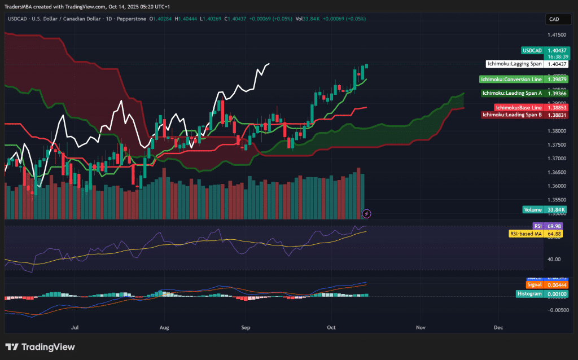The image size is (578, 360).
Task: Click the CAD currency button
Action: [554, 19]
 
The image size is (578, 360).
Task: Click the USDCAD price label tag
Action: [532, 50]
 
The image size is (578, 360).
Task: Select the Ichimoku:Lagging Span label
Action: [514, 64]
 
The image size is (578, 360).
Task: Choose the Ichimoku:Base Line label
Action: [519, 107]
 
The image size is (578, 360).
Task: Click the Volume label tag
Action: [533, 209]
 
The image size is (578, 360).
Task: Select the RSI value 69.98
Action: [554, 226]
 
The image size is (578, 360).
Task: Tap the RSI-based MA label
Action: [526, 233]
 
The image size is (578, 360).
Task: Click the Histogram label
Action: [529, 293]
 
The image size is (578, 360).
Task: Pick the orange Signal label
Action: [534, 285]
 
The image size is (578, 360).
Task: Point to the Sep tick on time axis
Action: [246, 327]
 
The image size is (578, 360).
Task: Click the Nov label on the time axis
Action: [420, 327]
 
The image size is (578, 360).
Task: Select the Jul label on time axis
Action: [74, 327]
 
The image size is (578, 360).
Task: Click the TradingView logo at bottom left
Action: [40, 347]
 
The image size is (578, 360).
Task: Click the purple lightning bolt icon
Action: [367, 213]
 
